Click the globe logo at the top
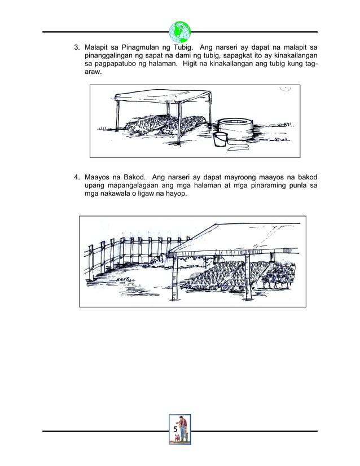pyautogui.click(x=180, y=32)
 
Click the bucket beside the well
pyautogui.click(x=221, y=139)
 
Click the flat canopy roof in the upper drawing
pyautogui.click(x=164, y=97)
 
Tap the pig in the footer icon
pyautogui.click(x=177, y=438)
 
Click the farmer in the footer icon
pyautogui.click(x=182, y=428)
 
